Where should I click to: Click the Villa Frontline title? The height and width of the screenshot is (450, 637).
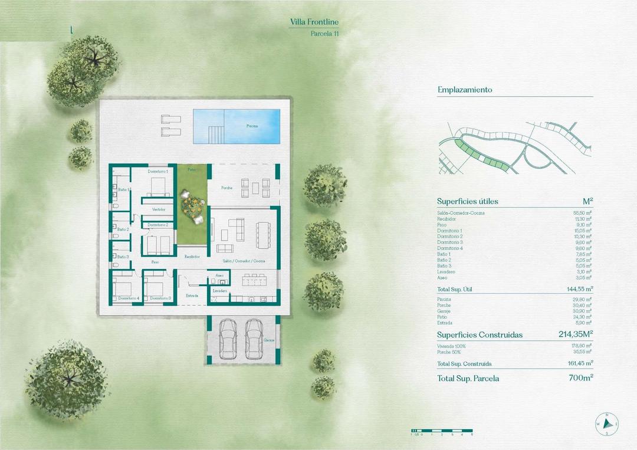click(x=314, y=22)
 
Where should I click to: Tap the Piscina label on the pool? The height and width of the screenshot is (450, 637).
click(x=252, y=126)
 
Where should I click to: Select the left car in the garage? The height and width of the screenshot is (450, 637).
click(x=228, y=339)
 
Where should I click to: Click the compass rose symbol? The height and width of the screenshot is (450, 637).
click(x=606, y=423)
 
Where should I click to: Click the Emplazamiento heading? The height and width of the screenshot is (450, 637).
click(x=465, y=90)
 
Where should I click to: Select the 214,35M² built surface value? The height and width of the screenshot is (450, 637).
click(x=576, y=334)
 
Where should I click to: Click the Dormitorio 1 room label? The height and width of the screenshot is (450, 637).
click(x=158, y=171)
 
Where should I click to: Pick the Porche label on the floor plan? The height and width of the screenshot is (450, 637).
click(x=226, y=188)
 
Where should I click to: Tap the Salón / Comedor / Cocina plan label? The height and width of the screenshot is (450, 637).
click(x=244, y=261)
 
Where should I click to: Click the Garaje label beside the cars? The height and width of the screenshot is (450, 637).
click(x=270, y=340)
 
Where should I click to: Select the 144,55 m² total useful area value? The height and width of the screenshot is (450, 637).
click(x=579, y=290)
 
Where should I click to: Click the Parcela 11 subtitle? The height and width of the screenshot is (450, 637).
click(x=324, y=34)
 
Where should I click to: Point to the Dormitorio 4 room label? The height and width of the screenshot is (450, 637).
click(x=129, y=298)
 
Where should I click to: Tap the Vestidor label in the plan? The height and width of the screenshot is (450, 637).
click(x=158, y=209)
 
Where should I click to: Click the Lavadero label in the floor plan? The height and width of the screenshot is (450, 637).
click(x=220, y=291)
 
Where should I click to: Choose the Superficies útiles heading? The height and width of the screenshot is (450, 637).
click(x=468, y=201)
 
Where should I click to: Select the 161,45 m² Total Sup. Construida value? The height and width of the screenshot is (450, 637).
click(x=580, y=364)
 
